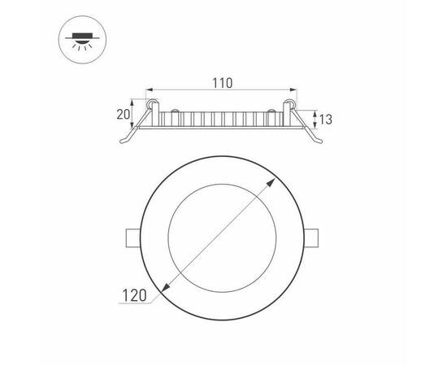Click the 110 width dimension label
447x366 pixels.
(223, 82)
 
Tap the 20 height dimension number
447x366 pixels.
(124, 114)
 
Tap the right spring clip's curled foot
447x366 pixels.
(319, 142)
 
